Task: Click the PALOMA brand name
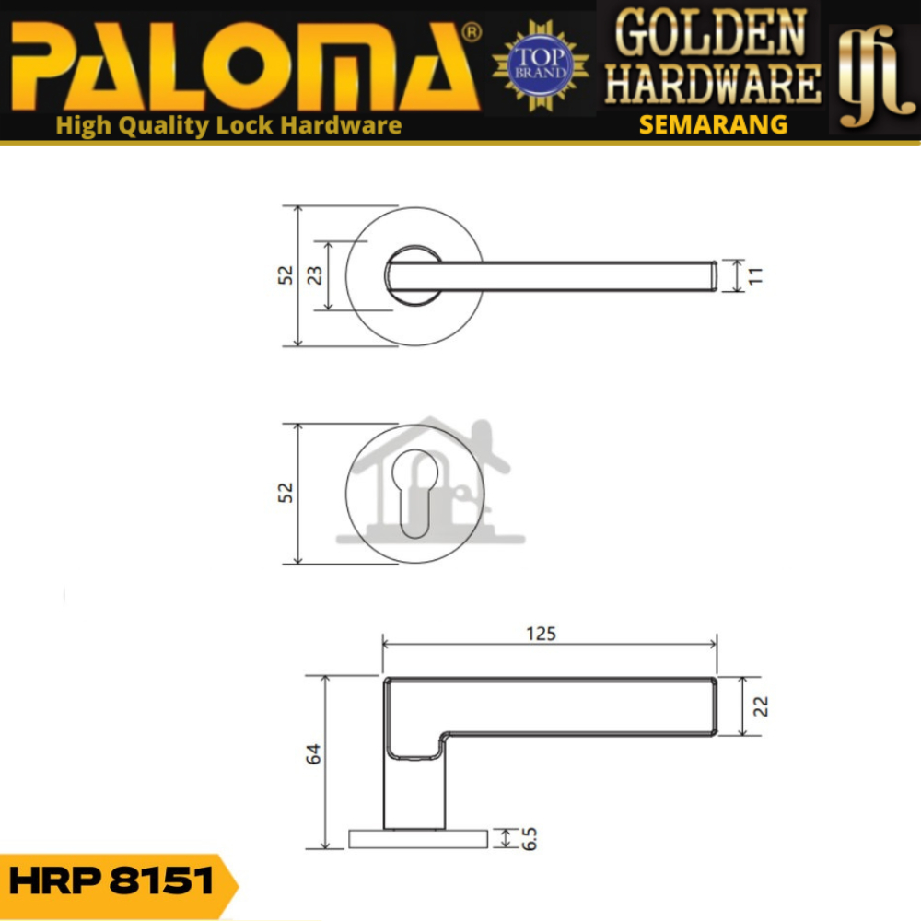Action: click(x=246, y=65)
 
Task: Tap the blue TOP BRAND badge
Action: click(x=541, y=65)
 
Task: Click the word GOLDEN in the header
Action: click(x=710, y=33)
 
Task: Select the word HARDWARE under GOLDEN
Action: click(x=713, y=84)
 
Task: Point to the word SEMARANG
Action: click(x=713, y=124)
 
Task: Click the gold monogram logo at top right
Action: click(x=875, y=76)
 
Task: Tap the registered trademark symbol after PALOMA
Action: click(x=472, y=33)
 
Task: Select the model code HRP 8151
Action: click(x=111, y=881)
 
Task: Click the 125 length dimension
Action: click(x=541, y=634)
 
